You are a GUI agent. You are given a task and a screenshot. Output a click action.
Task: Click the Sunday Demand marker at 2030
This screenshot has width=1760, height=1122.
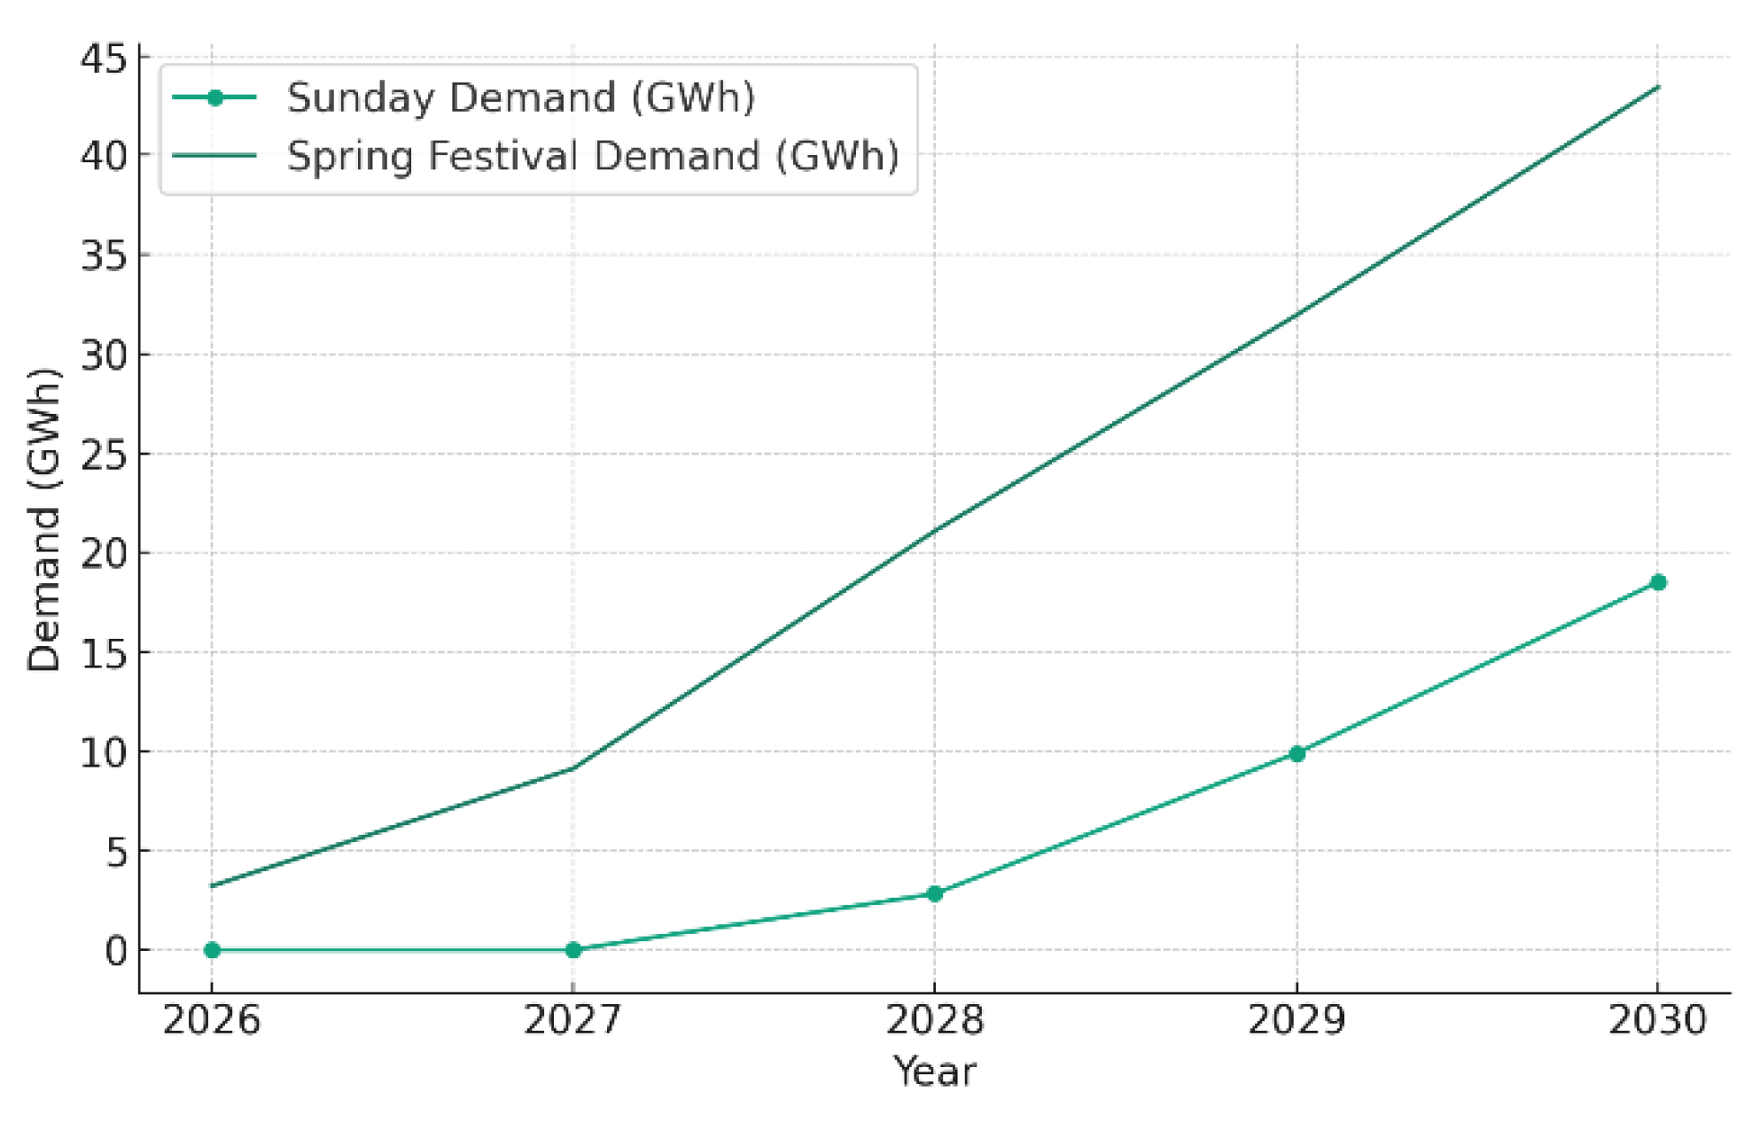(x=1658, y=582)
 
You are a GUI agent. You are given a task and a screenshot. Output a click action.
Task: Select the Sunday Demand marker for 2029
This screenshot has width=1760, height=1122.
(x=1297, y=753)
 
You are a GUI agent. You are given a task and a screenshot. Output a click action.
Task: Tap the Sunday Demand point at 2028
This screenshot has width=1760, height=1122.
(x=934, y=893)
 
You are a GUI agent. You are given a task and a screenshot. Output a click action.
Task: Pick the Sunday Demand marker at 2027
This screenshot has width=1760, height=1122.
(x=573, y=949)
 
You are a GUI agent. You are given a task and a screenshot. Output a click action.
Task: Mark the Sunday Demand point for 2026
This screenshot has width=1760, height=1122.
(x=212, y=949)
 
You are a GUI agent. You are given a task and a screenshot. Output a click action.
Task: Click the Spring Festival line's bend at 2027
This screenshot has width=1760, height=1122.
(x=573, y=767)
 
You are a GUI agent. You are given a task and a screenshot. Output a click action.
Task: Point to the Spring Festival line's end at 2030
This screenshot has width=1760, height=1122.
(x=1658, y=87)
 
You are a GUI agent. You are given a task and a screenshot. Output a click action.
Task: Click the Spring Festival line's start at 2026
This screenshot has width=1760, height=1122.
(x=212, y=885)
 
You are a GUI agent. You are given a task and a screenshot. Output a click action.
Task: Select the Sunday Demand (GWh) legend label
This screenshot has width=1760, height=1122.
(x=521, y=97)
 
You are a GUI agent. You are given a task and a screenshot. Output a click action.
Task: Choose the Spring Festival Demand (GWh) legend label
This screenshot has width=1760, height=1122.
(x=592, y=156)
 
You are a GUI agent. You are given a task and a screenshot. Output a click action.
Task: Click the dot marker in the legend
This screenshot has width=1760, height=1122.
(x=214, y=97)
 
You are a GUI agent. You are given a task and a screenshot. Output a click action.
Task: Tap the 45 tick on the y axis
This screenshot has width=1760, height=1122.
(x=104, y=58)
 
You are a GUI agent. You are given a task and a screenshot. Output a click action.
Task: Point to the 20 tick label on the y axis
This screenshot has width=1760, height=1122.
(x=104, y=554)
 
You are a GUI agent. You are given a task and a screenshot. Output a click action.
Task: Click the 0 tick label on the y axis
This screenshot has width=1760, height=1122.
(x=116, y=951)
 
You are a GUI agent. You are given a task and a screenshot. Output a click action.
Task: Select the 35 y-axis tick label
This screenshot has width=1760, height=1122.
(x=104, y=256)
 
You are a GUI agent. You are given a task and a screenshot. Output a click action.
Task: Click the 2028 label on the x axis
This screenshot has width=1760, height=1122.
(x=934, y=1021)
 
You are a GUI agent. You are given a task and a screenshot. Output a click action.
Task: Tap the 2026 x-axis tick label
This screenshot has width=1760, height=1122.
(x=212, y=1021)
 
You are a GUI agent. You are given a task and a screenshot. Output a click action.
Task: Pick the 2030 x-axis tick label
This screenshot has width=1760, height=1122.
(x=1657, y=1021)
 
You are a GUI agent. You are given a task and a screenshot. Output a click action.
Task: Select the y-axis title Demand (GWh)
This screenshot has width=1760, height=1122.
(x=44, y=519)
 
